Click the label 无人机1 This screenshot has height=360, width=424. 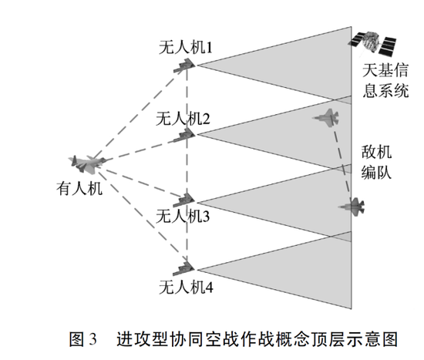[186, 48]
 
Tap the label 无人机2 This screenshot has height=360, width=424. [183, 119]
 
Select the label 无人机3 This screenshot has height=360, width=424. [183, 216]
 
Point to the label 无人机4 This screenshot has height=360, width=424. [186, 287]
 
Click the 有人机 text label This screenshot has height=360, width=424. [79, 189]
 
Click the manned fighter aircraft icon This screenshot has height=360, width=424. [87, 164]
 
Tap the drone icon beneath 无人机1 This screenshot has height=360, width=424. [184, 66]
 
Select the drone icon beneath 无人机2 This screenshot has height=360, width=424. [184, 135]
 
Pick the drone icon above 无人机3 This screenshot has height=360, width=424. [184, 200]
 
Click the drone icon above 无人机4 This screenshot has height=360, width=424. [184, 268]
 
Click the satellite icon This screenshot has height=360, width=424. [372, 43]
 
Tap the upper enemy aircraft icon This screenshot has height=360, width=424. [326, 118]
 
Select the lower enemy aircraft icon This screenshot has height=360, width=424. [352, 207]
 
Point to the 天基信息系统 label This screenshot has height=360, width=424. [385, 80]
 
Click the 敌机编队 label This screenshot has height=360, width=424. [376, 162]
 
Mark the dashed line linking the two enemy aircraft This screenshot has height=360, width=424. [342, 163]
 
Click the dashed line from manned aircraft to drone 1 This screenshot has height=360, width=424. [140, 113]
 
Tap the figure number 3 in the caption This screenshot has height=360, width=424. [92, 338]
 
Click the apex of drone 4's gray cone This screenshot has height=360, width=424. [197, 270]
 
